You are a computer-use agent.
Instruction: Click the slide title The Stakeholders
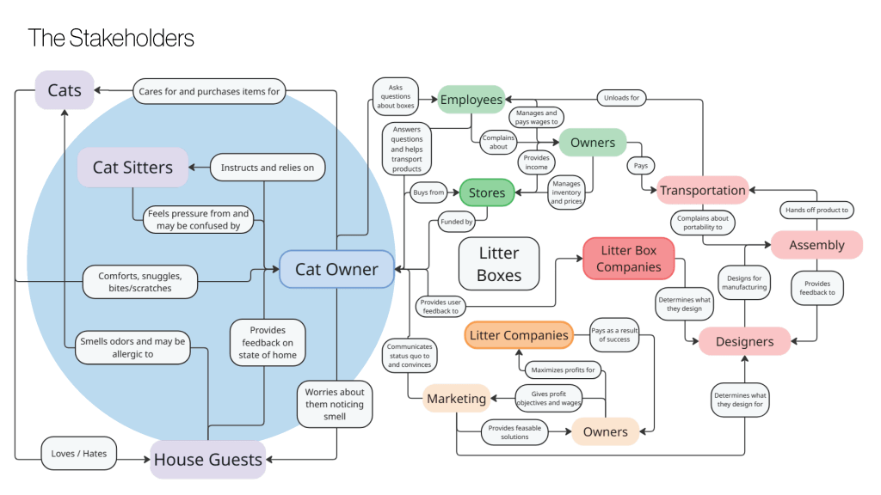[x=111, y=38]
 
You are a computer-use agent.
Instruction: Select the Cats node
[x=65, y=90]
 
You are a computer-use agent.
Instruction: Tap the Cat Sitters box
[x=132, y=168]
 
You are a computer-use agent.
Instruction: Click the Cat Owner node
[x=336, y=269]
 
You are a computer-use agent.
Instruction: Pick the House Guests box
[x=207, y=460]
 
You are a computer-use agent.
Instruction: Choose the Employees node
[x=471, y=100]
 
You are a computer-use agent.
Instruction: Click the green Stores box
[x=486, y=192]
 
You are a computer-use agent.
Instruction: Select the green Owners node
[x=593, y=142]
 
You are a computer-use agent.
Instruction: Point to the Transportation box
[x=702, y=190]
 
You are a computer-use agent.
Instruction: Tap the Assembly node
[x=816, y=245]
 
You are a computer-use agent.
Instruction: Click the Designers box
[x=744, y=341]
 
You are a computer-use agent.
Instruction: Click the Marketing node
[x=456, y=398]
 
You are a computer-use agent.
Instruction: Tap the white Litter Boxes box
[x=499, y=263]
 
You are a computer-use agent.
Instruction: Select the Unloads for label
[x=621, y=98]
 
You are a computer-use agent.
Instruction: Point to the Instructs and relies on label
[x=268, y=168]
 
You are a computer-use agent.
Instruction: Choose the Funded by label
[x=457, y=222]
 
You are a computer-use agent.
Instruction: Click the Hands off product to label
[x=816, y=210]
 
